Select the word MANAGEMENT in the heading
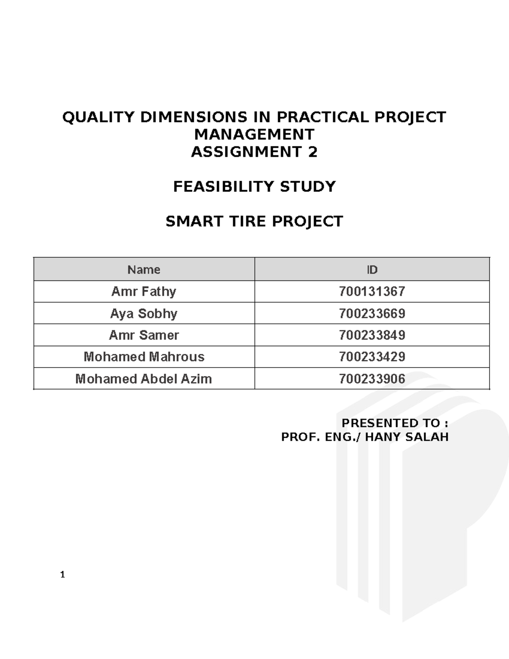click(254, 135)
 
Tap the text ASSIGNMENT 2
click(254, 152)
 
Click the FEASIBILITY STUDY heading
click(254, 187)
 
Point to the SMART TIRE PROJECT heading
click(254, 222)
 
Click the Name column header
click(144, 270)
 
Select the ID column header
click(372, 270)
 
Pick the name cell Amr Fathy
click(144, 292)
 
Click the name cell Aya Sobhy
click(144, 314)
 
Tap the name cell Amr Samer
click(144, 335)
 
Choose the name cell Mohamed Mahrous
click(144, 357)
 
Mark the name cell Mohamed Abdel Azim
click(144, 379)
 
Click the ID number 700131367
click(372, 292)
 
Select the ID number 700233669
click(372, 314)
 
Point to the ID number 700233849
click(372, 335)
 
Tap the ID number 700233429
click(372, 357)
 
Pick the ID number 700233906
click(372, 379)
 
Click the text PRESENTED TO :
click(395, 423)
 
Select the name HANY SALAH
click(406, 437)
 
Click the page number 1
click(63, 575)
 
